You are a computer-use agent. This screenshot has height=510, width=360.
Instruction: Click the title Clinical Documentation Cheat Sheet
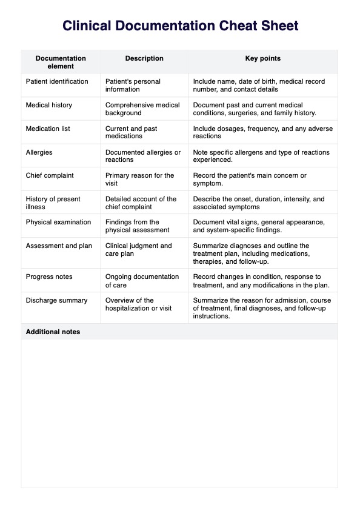[180, 26]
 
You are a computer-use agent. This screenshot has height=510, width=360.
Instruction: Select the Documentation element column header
[61, 62]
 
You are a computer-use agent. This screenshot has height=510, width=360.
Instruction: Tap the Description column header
[144, 59]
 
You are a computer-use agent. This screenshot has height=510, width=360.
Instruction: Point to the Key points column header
[262, 59]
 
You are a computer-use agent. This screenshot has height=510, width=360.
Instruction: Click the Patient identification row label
[57, 81]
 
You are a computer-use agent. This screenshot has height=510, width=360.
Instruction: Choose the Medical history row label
[48, 105]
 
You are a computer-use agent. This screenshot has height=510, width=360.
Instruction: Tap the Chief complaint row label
[50, 175]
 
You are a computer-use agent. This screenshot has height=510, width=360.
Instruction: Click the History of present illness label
[53, 203]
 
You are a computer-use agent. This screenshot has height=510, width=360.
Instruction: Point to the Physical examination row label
[58, 222]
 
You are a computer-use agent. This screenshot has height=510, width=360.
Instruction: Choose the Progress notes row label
[48, 277]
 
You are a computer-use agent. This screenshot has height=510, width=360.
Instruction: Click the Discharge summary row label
[56, 300]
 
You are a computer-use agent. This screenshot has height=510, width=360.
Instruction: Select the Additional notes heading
[53, 332]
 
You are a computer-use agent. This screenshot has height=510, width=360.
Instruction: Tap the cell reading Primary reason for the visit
[140, 180]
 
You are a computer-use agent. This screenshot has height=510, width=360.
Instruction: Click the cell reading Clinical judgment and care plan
[139, 250]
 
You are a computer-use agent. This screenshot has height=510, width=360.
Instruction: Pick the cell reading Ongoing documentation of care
[142, 281]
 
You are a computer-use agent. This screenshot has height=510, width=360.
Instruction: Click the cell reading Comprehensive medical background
[142, 109]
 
